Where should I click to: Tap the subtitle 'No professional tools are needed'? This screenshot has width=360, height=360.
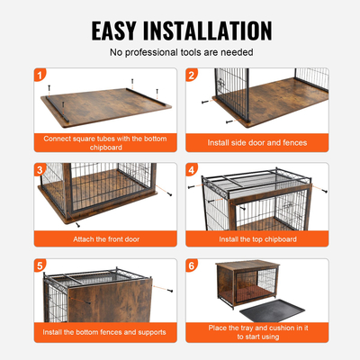point(180,53)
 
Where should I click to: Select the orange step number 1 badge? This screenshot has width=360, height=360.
point(40,75)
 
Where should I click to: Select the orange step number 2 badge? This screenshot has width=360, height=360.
point(191,75)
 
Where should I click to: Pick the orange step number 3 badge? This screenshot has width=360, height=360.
point(40,169)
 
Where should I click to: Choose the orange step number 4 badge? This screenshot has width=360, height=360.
point(191,169)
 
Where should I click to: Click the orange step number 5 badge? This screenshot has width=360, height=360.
point(40,265)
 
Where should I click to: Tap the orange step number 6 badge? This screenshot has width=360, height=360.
point(191,265)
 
